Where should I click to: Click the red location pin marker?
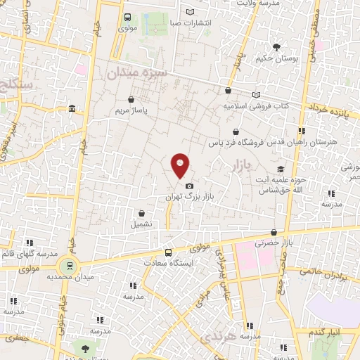point(180,165)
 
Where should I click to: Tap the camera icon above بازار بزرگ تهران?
point(189,186)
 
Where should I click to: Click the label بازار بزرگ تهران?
point(188,198)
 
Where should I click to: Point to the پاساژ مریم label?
point(132,112)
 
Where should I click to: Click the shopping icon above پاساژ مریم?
point(131,100)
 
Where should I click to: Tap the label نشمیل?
point(141,225)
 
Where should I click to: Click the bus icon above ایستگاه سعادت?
point(168,252)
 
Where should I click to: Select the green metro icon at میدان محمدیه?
point(69,266)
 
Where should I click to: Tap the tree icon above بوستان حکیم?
point(276,47)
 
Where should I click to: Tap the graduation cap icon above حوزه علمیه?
point(281,169)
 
